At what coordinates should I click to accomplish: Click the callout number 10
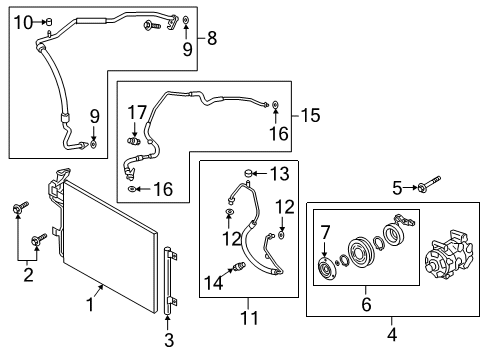tap(24, 23)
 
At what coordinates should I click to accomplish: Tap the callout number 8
tap(212, 38)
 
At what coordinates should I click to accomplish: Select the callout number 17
tap(137, 112)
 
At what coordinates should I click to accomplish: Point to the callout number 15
tap(310, 115)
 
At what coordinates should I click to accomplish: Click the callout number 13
tap(279, 174)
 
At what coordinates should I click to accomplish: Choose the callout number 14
tap(213, 283)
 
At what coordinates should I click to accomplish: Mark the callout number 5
tap(397, 188)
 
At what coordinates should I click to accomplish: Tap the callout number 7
tap(325, 232)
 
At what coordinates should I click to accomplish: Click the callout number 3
tap(169, 340)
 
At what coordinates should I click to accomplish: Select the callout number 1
tap(90, 305)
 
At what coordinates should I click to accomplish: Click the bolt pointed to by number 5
tap(429, 184)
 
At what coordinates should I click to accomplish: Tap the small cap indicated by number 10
tap(49, 22)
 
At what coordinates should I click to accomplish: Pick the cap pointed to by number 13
tap(247, 173)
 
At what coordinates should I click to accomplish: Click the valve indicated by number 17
tap(134, 141)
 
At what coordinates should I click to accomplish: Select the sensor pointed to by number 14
tap(239, 266)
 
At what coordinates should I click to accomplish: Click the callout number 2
tap(28, 275)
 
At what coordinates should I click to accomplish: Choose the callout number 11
tap(249, 318)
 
